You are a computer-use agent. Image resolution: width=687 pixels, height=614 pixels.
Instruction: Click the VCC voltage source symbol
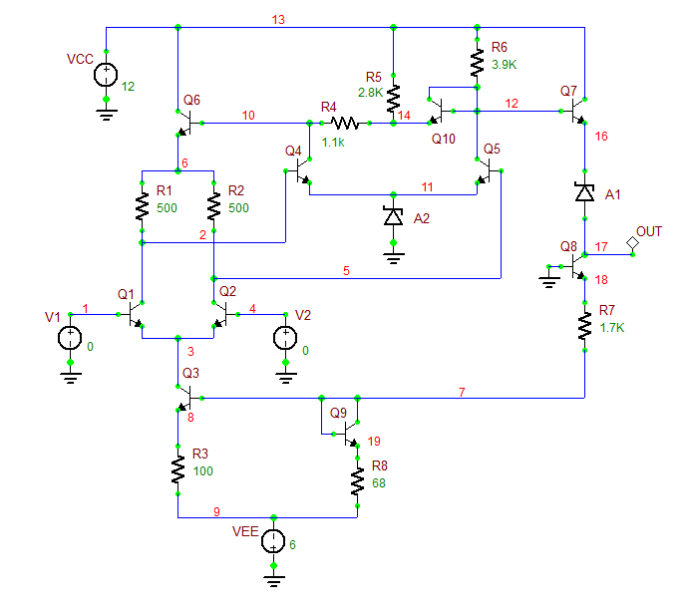click(106, 75)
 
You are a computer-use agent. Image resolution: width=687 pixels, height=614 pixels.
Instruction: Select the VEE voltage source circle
click(272, 542)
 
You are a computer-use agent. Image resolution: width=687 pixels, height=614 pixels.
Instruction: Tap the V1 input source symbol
click(70, 338)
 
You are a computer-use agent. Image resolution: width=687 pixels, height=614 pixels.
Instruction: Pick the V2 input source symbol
click(285, 338)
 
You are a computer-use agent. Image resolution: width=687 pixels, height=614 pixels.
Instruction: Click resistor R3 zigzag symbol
click(178, 470)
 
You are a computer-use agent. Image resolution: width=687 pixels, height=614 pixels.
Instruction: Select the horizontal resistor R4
click(344, 124)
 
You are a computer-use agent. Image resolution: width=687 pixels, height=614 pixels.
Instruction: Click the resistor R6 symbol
click(478, 64)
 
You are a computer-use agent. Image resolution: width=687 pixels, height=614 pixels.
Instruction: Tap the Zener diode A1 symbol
click(584, 192)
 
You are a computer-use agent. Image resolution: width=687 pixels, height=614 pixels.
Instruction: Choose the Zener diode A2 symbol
click(394, 215)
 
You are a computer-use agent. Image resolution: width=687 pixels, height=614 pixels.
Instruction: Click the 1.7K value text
click(611, 327)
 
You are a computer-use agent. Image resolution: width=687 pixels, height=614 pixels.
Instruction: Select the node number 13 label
click(278, 19)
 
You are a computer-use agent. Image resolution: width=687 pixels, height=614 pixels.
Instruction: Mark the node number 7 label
click(462, 392)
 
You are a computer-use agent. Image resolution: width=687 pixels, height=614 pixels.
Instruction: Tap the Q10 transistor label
click(444, 139)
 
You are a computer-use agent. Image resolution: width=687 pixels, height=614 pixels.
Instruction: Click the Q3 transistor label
click(191, 373)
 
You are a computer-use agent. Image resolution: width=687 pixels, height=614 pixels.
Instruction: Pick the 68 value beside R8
click(379, 483)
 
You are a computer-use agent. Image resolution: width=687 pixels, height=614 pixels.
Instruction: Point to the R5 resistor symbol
click(394, 97)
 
